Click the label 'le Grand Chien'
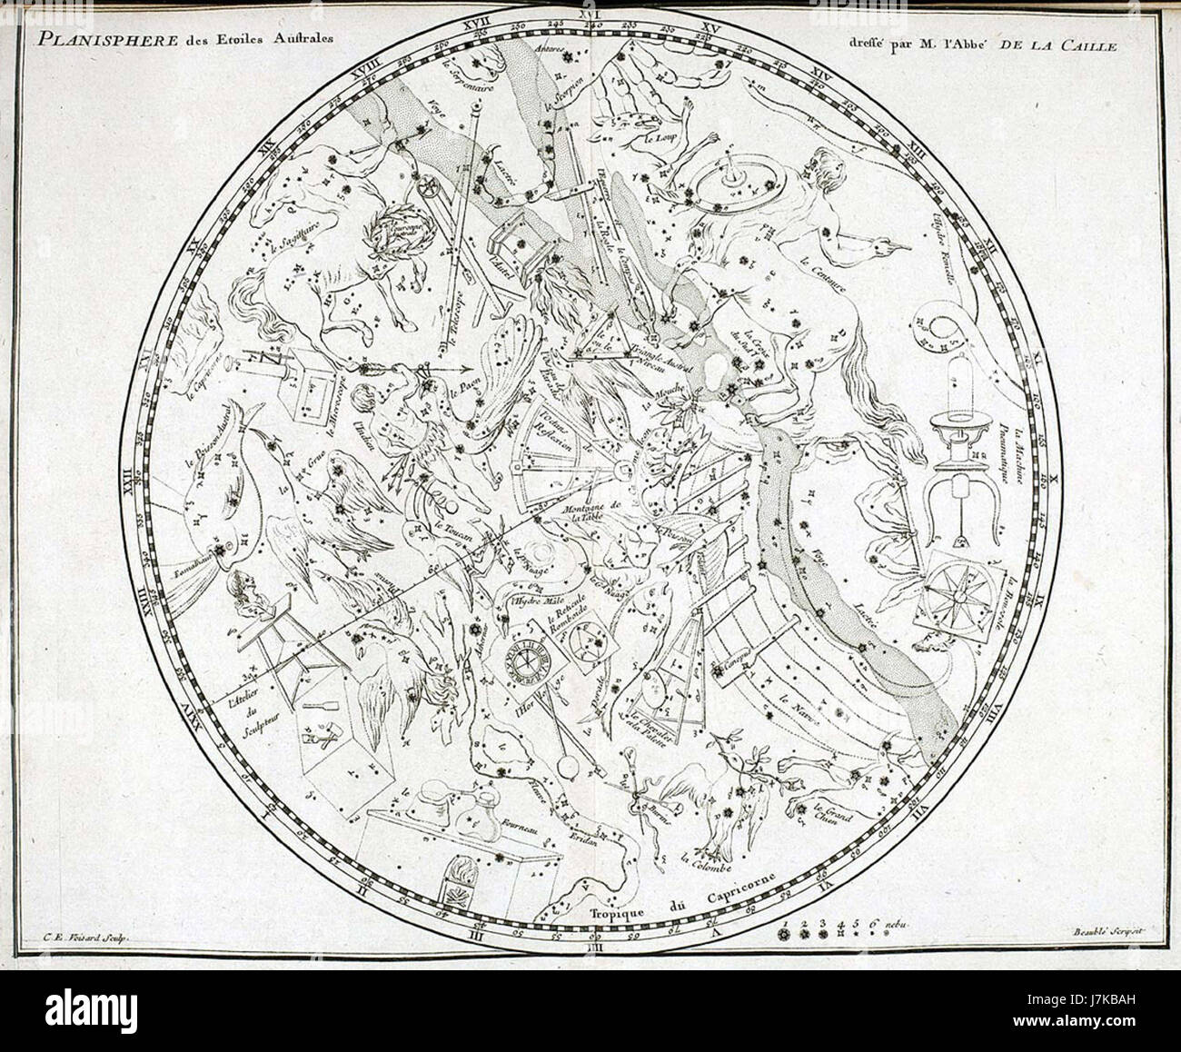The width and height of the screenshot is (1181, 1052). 831,815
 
